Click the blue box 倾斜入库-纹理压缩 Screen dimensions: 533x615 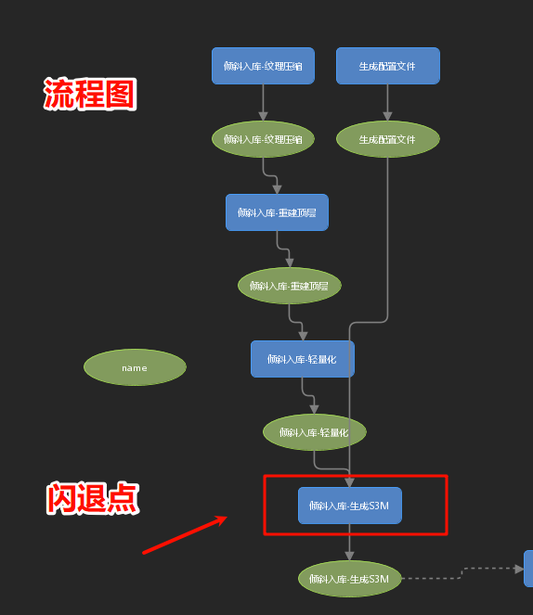point(263,66)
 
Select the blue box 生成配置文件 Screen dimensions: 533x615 point(388,66)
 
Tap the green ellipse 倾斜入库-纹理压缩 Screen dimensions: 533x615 point(263,139)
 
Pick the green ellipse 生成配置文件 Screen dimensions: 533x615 point(388,139)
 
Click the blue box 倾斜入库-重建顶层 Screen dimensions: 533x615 point(277,212)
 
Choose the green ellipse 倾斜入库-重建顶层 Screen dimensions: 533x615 point(290,286)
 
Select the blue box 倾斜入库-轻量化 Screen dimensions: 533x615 point(303,359)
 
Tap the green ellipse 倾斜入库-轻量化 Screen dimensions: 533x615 point(315,432)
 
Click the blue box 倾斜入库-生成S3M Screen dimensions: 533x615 point(350,506)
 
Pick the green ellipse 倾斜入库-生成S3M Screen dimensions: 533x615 point(350,579)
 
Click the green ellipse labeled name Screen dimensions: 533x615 point(135,367)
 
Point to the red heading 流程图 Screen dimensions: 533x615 point(90,94)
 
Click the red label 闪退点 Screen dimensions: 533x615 point(93,498)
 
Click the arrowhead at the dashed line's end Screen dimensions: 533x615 point(519,569)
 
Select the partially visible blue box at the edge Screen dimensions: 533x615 point(528,569)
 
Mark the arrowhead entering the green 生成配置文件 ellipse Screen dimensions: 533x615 point(388,117)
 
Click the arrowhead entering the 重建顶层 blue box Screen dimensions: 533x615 point(277,189)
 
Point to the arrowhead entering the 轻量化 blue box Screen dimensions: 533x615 point(303,336)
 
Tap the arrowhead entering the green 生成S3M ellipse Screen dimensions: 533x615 point(350,557)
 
